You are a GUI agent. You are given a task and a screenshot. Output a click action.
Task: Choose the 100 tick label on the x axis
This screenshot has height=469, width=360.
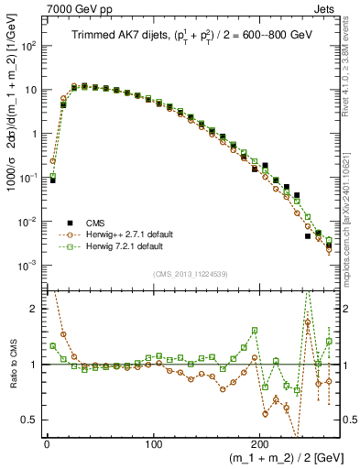(x=154, y=443)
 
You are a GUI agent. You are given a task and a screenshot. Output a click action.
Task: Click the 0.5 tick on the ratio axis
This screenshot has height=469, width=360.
(x=29, y=420)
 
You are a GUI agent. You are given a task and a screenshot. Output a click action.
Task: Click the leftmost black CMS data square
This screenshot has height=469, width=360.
(x=52, y=180)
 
